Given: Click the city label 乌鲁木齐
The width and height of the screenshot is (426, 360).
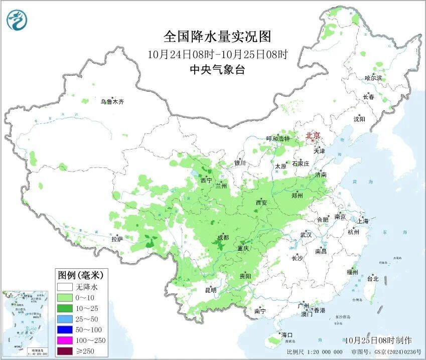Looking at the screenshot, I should pyautogui.click(x=111, y=102).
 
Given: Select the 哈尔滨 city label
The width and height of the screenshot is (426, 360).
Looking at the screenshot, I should pyautogui.click(x=373, y=78).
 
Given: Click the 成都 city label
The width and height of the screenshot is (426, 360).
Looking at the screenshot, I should pyautogui.click(x=223, y=237).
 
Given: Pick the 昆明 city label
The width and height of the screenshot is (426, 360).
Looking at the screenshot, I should pyautogui.click(x=211, y=290).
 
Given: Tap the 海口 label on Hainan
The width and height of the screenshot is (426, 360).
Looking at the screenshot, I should pyautogui.click(x=287, y=335).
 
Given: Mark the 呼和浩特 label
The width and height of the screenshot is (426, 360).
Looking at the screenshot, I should pyautogui.click(x=278, y=138).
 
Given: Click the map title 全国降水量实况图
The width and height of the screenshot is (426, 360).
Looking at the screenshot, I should pyautogui.click(x=217, y=37).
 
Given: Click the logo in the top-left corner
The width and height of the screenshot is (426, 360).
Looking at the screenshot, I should pyautogui.click(x=17, y=20).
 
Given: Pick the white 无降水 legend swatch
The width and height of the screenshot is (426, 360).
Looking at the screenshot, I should pyautogui.click(x=65, y=288).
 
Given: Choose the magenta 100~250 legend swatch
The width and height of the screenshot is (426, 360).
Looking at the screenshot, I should pyautogui.click(x=65, y=340).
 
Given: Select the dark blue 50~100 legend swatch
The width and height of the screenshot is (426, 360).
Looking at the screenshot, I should pyautogui.click(x=65, y=329).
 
